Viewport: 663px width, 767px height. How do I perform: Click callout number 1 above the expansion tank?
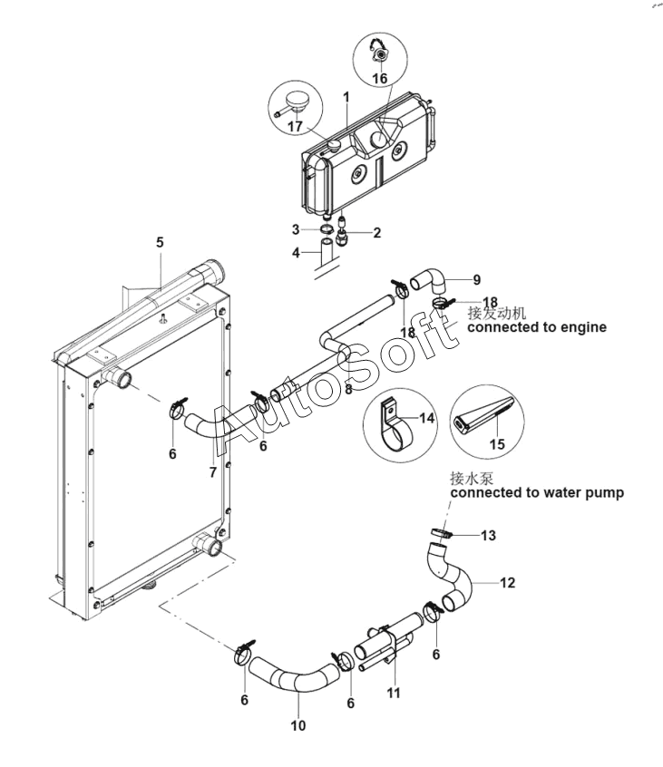click(x=346, y=97)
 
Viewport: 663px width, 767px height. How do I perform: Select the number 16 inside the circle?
click(x=380, y=78)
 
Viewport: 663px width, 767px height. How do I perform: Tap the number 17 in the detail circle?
click(x=295, y=126)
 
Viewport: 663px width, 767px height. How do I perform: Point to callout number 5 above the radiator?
click(x=160, y=242)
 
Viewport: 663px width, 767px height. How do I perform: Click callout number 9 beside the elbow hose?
click(x=476, y=280)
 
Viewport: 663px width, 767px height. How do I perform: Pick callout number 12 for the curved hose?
click(x=507, y=583)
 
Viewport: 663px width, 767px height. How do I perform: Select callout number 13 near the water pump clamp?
click(x=488, y=535)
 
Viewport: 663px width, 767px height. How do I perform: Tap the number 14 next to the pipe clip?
click(x=427, y=418)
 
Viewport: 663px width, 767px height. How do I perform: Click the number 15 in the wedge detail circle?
click(x=497, y=443)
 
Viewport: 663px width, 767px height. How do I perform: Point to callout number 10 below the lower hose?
click(x=298, y=725)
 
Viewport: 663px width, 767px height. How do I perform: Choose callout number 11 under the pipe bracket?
click(x=394, y=693)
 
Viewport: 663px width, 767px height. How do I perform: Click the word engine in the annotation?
click(x=583, y=327)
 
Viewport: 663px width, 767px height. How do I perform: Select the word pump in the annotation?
click(x=605, y=493)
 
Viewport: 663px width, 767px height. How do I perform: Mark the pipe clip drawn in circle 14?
click(x=395, y=423)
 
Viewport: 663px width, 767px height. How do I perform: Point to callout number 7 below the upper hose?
click(x=212, y=472)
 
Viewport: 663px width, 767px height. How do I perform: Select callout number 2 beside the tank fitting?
click(x=376, y=232)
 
